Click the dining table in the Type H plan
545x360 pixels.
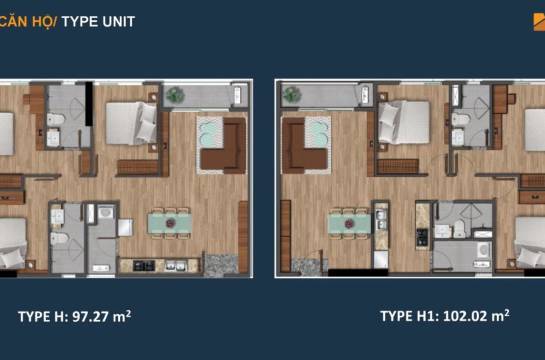tap(170, 223)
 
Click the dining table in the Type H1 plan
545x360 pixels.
tap(349, 223)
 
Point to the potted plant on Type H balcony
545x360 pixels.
tap(175, 95)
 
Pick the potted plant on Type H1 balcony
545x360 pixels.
tap(292, 95)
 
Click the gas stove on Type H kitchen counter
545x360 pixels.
tap(144, 265)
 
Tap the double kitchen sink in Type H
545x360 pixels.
tap(176, 265)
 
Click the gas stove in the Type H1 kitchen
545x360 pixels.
tap(422, 237)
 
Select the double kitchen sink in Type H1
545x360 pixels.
tap(381, 219)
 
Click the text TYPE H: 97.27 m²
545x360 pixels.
tap(75, 317)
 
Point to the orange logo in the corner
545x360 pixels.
tap(539, 22)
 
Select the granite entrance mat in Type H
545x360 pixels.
tap(220, 265)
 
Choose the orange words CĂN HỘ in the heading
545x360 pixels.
tap(28, 21)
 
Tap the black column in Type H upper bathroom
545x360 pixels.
tap(89, 103)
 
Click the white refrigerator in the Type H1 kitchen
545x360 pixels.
tap(380, 259)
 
